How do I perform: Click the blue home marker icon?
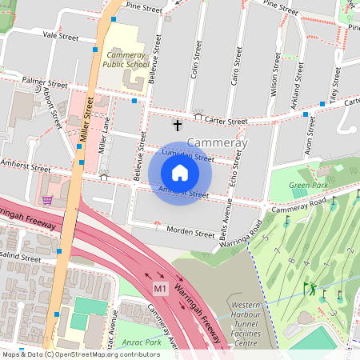180,173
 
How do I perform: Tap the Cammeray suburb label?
218,142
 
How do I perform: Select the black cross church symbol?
178,126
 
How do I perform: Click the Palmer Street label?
45,82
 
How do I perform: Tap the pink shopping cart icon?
47,199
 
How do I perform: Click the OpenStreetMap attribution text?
81,354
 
